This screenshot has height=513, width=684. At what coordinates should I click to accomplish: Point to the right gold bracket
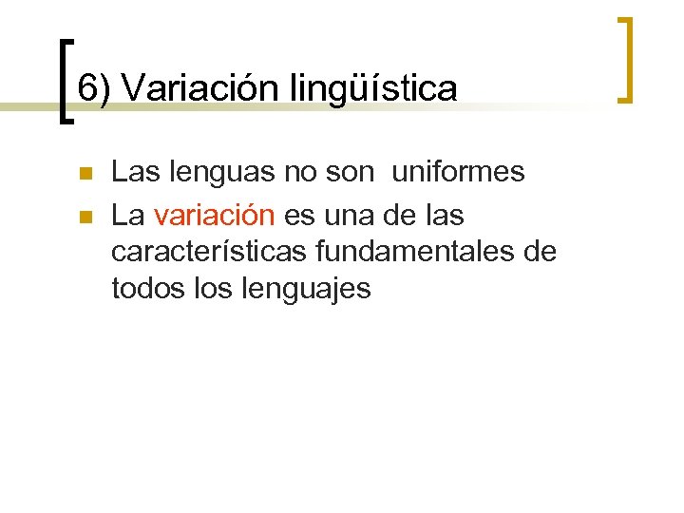click(x=624, y=59)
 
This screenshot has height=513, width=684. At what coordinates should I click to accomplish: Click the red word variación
click(x=214, y=216)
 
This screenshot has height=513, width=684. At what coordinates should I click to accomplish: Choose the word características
click(x=204, y=252)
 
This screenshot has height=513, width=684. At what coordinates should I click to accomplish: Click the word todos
click(x=144, y=288)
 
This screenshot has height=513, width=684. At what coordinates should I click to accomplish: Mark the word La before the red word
click(x=127, y=216)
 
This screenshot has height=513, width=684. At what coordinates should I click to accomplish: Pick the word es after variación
click(x=300, y=216)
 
